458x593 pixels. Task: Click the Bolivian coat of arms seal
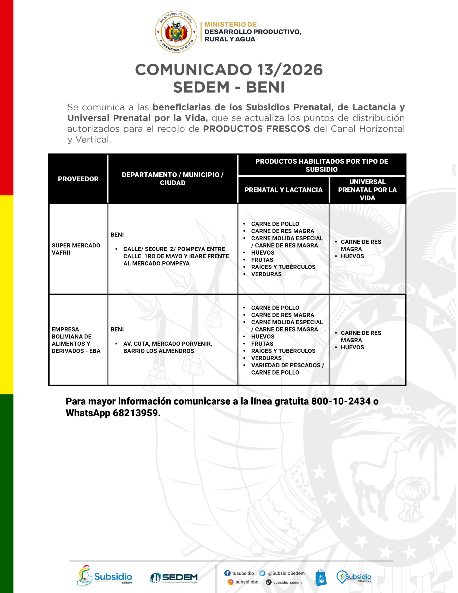(x=176, y=32)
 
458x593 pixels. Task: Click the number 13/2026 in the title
(x=290, y=70)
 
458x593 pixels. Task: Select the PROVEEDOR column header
(x=78, y=179)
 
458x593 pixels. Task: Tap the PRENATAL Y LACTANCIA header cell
(x=283, y=190)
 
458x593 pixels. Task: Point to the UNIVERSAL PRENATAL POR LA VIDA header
(x=367, y=190)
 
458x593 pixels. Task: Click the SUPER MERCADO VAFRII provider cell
(x=76, y=249)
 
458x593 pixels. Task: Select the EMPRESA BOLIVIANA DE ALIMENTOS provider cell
(x=76, y=340)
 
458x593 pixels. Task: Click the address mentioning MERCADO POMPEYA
(x=176, y=256)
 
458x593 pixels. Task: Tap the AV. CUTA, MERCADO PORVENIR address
(x=167, y=347)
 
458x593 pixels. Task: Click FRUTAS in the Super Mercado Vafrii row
(x=262, y=260)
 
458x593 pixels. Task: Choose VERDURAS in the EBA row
(x=266, y=358)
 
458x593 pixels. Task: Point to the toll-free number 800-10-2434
(x=341, y=401)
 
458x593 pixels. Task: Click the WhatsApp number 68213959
(x=135, y=413)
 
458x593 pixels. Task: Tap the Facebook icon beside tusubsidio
(x=227, y=573)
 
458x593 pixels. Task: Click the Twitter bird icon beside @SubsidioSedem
(x=262, y=573)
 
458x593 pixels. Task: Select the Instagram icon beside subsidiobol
(x=230, y=582)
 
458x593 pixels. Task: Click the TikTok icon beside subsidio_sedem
(x=269, y=582)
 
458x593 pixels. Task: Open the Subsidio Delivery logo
(x=354, y=577)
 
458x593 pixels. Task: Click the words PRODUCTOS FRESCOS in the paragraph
(x=257, y=129)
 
